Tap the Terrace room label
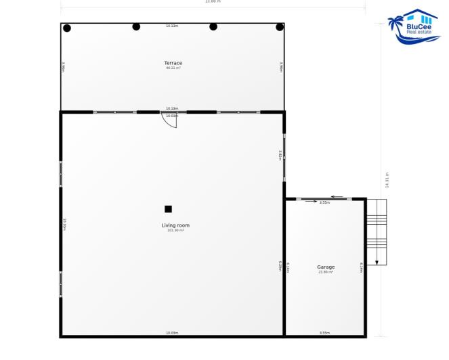(x=173, y=63)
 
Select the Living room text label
(x=175, y=225)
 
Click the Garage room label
(x=326, y=267)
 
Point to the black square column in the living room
(x=168, y=209)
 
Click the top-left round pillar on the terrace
(x=67, y=28)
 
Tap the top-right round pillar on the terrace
(x=280, y=27)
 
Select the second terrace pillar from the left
(x=136, y=26)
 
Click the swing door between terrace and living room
(x=169, y=120)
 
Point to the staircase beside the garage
(x=376, y=230)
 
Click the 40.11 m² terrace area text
(x=173, y=68)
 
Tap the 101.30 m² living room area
(x=175, y=230)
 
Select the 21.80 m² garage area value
(x=326, y=272)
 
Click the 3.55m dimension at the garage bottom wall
(x=324, y=332)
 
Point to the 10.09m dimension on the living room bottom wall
(x=172, y=332)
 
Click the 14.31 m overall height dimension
(x=387, y=181)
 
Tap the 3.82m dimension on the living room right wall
(x=280, y=155)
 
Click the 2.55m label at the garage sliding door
(x=324, y=202)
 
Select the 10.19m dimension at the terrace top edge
(x=172, y=26)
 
